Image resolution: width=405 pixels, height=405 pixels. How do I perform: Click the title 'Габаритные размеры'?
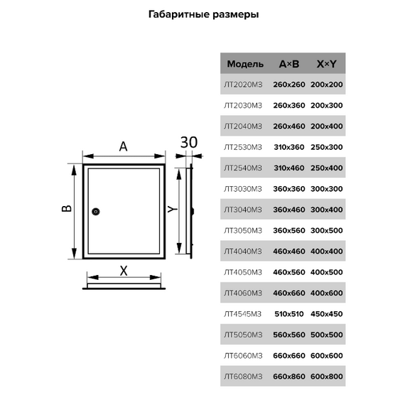pos(203,14)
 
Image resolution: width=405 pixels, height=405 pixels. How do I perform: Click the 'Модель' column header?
pos(245,64)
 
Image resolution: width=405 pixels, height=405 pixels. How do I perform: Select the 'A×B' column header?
pos(289,64)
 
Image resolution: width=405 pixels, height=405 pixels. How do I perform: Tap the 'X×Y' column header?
pos(327,64)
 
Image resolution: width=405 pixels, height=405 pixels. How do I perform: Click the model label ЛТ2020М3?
pos(243,85)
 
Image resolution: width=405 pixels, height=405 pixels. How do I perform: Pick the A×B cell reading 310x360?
pos(289,147)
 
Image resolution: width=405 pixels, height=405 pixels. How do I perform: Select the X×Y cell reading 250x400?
pos(327,168)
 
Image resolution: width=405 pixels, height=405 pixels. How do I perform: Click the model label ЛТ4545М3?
pos(243,314)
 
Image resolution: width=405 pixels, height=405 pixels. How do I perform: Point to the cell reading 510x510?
pos(289,314)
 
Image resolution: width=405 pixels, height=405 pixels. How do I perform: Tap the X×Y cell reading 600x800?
pos(327,377)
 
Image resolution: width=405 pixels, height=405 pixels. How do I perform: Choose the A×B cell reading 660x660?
pos(289,356)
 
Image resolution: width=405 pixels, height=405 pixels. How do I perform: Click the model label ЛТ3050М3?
pos(243,230)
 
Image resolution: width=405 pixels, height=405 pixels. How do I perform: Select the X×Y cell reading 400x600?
pos(327,293)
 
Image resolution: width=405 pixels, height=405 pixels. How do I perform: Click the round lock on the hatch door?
pos(96,212)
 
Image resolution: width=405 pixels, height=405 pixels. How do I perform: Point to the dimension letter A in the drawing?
pos(124,146)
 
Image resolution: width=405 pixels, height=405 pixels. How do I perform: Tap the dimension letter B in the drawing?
pos(67,208)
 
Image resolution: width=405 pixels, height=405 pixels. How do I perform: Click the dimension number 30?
pos(189,142)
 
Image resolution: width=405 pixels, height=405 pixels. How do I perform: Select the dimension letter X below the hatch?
pos(124,271)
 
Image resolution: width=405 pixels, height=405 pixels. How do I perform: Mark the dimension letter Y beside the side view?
pos(172,209)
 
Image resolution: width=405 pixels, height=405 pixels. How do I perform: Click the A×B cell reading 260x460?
pos(289,126)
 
